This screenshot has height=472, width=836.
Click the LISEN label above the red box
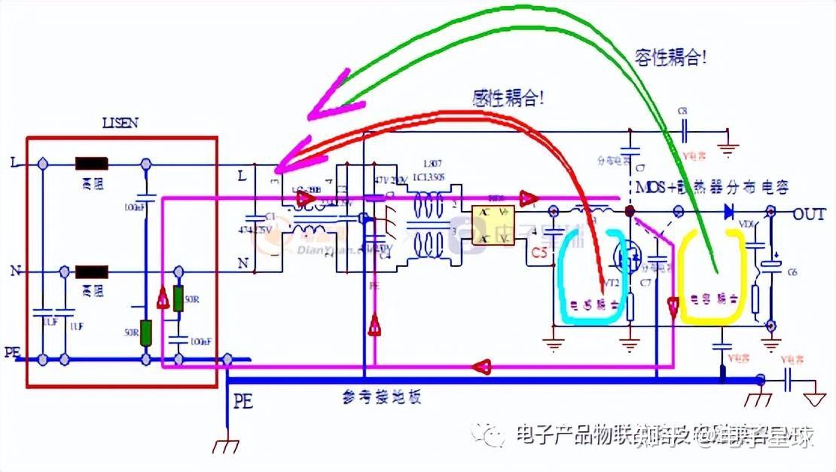click(x=121, y=122)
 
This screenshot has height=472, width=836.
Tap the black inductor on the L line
click(x=91, y=163)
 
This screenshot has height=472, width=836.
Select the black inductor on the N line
click(x=91, y=270)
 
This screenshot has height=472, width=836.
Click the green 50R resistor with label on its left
click(x=146, y=333)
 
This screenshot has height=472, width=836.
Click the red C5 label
click(x=539, y=253)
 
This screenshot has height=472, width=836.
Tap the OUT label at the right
click(x=809, y=213)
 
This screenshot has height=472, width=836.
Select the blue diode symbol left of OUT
click(x=728, y=213)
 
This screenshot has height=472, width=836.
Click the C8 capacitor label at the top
click(x=682, y=111)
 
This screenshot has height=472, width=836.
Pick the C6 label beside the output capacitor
click(x=792, y=272)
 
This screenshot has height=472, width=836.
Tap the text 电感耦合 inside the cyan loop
click(x=592, y=305)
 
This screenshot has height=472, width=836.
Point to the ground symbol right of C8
click(x=728, y=148)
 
